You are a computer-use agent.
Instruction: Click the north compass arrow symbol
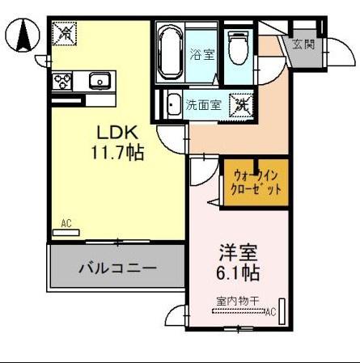(24, 36)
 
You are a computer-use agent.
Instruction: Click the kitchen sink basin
(100, 81)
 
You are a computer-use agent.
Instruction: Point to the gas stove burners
(62, 81)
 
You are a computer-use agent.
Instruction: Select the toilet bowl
(238, 49)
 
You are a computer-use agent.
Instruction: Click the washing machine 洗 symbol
(242, 104)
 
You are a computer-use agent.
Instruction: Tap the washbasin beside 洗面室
(173, 104)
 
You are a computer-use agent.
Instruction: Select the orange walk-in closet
(255, 182)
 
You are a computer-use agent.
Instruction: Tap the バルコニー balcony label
(116, 268)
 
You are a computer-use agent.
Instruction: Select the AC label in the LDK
(66, 223)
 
